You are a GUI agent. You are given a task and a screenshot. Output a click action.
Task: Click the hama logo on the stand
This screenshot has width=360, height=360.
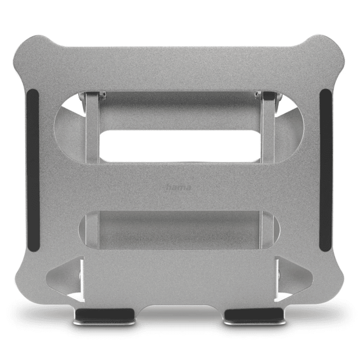178,187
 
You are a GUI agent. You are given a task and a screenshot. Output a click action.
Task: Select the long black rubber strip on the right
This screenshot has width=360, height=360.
325,170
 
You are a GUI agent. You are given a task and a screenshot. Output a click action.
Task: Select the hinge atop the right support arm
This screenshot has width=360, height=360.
267,96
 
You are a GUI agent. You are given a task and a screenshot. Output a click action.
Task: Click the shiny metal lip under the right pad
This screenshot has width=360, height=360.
254,323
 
